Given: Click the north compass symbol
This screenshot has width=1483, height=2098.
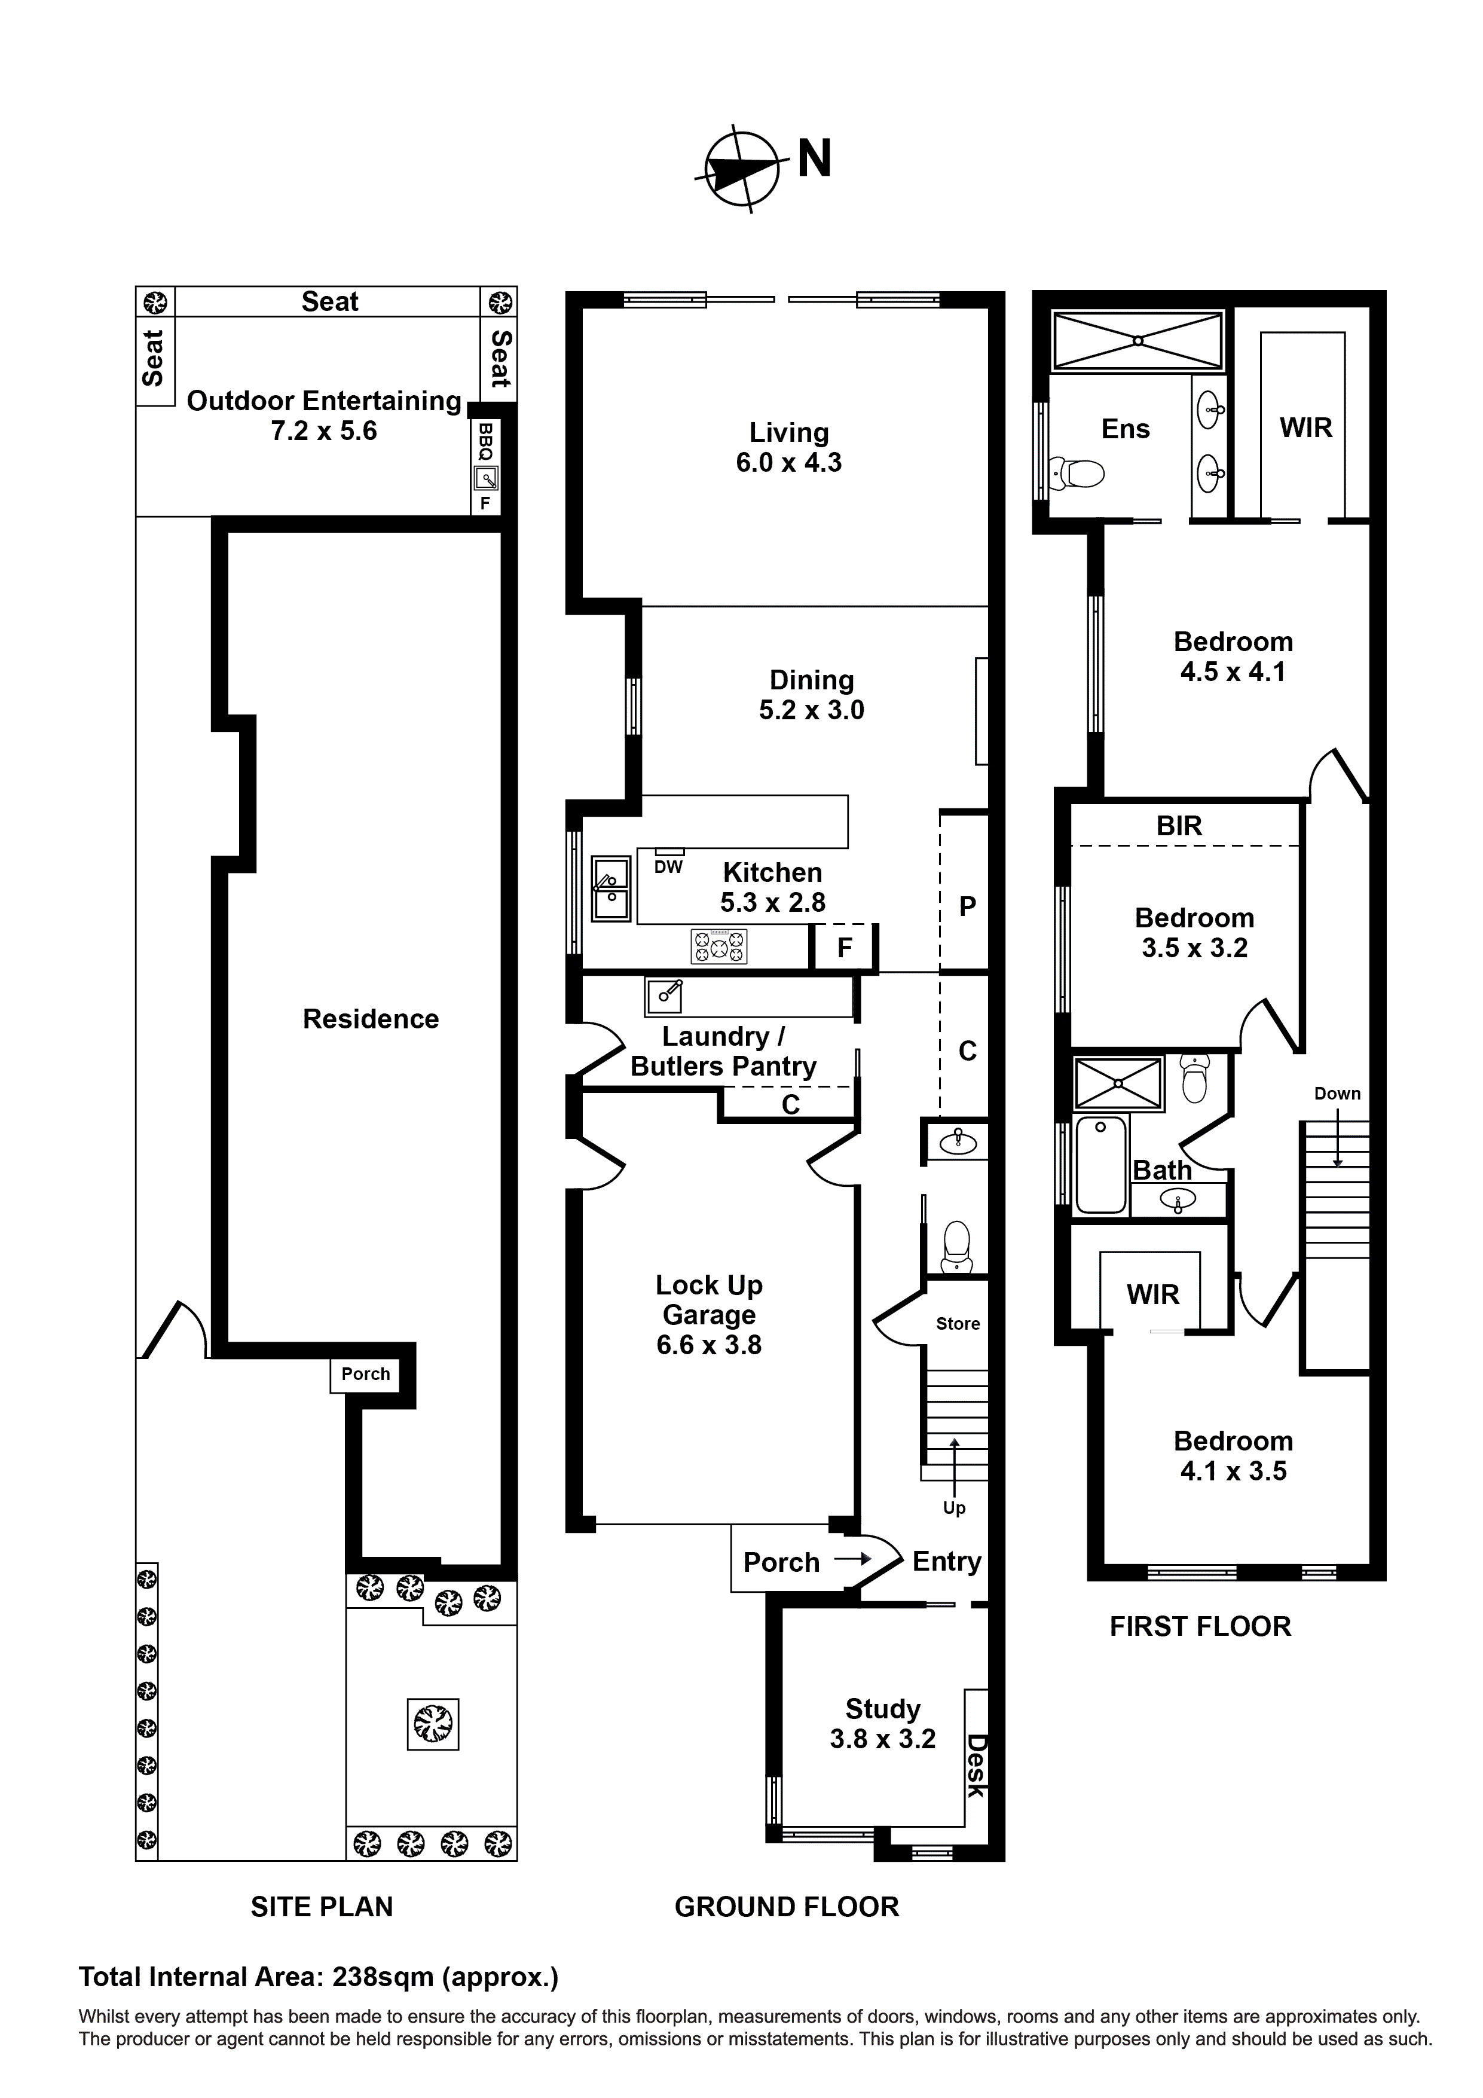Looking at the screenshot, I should point(742,169).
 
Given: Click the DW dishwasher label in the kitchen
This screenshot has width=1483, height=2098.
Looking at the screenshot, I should point(668,867).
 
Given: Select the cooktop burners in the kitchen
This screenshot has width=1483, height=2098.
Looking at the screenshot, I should point(719,946).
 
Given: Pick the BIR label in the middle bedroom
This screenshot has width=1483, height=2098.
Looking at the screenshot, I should point(1179,826).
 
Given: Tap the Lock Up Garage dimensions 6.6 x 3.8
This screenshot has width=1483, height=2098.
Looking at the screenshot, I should point(708,1345).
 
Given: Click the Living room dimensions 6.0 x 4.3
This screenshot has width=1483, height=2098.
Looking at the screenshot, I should point(788,462).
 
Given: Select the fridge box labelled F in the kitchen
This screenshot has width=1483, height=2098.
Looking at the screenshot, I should point(844,948).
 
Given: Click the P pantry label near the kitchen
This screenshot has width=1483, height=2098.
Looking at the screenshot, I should point(968,906).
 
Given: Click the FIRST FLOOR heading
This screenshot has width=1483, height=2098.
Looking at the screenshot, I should point(1200,1626).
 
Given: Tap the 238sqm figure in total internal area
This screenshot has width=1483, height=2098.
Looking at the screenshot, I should point(383,1977).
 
